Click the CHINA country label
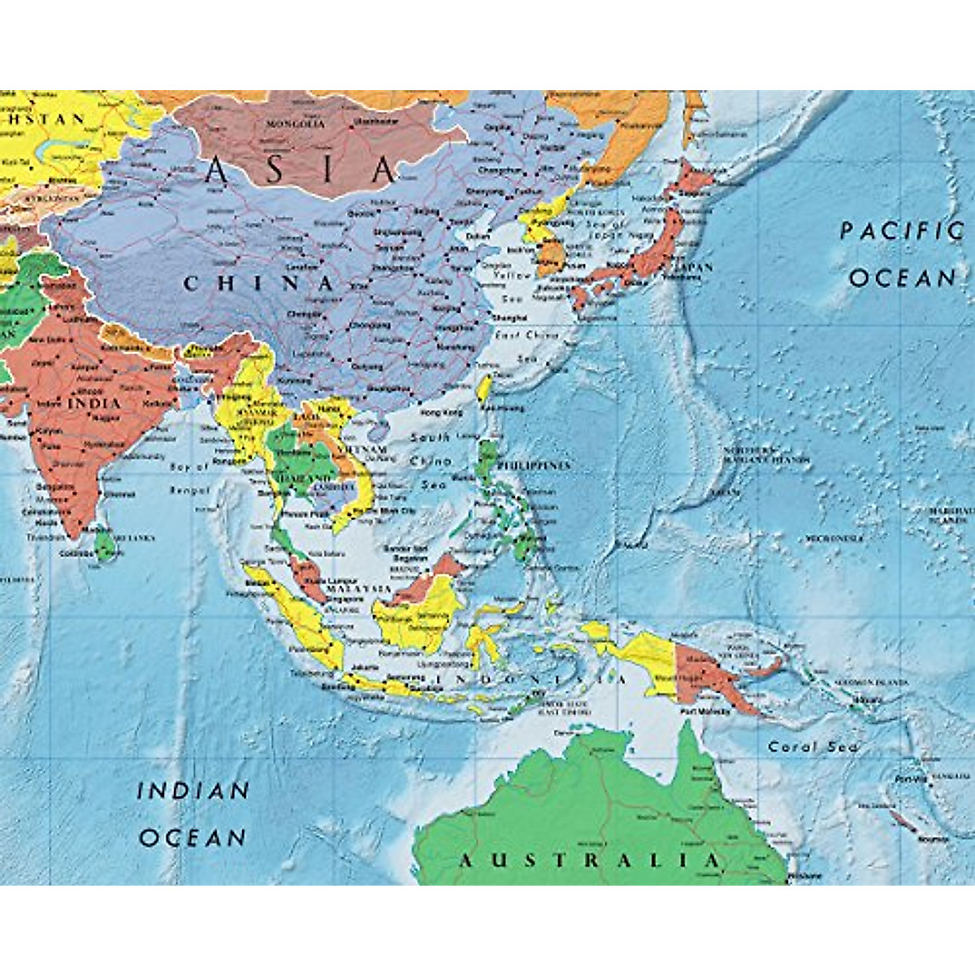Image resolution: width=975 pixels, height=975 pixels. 258,284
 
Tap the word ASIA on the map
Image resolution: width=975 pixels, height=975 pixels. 301,171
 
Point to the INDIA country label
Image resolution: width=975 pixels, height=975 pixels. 93,403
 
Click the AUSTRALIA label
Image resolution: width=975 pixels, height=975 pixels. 590,860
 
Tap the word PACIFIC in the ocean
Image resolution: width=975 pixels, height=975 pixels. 900,231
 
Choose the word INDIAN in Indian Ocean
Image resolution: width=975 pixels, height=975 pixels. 193,790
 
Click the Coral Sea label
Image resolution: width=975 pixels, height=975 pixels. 812,747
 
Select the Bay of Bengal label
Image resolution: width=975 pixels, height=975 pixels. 189,479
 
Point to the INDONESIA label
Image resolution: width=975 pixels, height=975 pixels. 532,678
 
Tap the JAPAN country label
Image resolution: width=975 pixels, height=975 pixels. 692,267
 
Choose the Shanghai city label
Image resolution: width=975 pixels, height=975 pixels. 510,318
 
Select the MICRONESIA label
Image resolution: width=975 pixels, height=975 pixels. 834,538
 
